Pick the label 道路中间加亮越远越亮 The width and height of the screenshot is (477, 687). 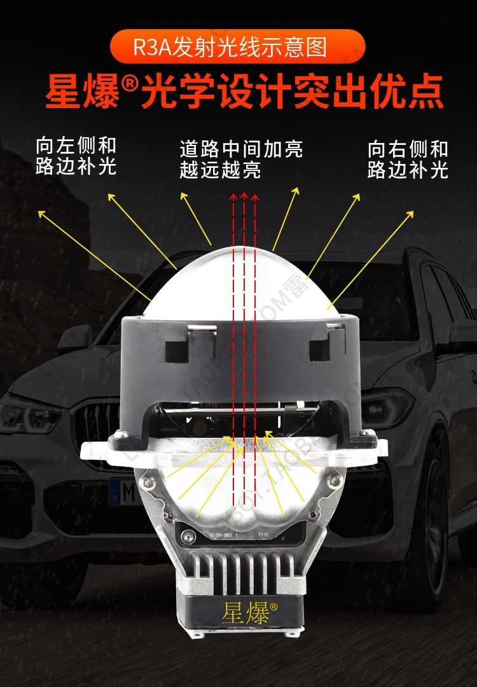point(241,160)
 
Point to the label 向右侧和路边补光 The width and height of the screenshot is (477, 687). point(408,159)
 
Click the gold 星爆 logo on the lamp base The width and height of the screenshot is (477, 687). point(244,613)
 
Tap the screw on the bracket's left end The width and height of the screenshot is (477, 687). point(118,437)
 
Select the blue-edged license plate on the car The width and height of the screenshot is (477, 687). point(124,491)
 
